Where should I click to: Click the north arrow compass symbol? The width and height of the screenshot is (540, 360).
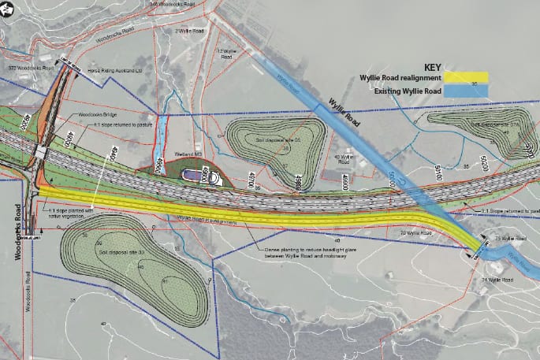click(7, 9)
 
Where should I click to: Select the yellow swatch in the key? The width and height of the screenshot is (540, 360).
click(467, 78)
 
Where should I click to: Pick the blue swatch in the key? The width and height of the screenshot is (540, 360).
click(467, 91)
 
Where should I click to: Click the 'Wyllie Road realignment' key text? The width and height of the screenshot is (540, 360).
click(402, 78)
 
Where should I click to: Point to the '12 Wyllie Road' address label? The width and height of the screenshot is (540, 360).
click(227, 54)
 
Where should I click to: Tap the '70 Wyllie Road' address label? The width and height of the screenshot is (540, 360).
click(416, 234)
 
